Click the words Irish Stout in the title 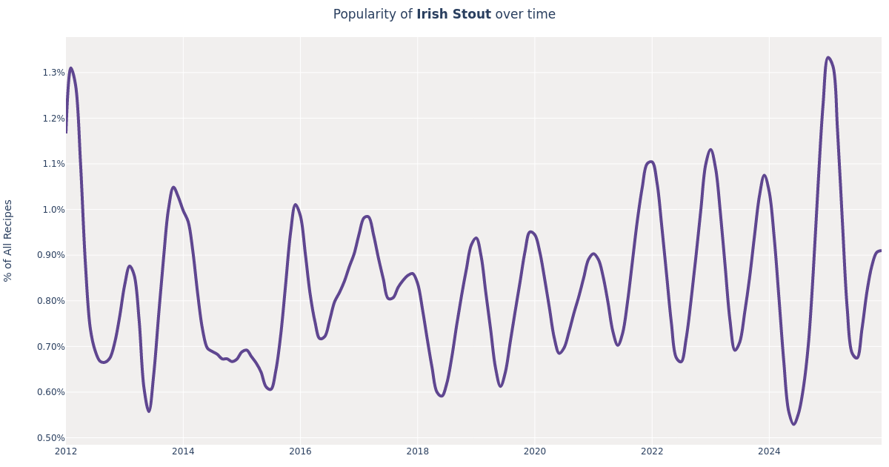[x=453, y=15]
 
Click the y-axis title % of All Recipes [x=9, y=240]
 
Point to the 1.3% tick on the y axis [x=53, y=73]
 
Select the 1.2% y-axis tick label [x=53, y=119]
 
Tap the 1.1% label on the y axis [x=53, y=164]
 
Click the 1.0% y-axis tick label [x=53, y=210]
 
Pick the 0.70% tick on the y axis [x=50, y=347]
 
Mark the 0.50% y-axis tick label [x=50, y=438]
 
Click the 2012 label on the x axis [x=66, y=451]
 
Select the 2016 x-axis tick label [x=300, y=451]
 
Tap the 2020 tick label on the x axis [x=534, y=451]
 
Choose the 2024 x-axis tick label [x=769, y=451]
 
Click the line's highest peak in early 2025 [x=828, y=58]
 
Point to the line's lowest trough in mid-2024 [x=793, y=424]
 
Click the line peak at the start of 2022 [x=650, y=162]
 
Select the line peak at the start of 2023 [x=710, y=150]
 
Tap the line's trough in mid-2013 [x=149, y=411]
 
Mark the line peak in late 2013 [x=173, y=188]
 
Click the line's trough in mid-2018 [x=442, y=396]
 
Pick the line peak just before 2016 [x=296, y=205]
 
